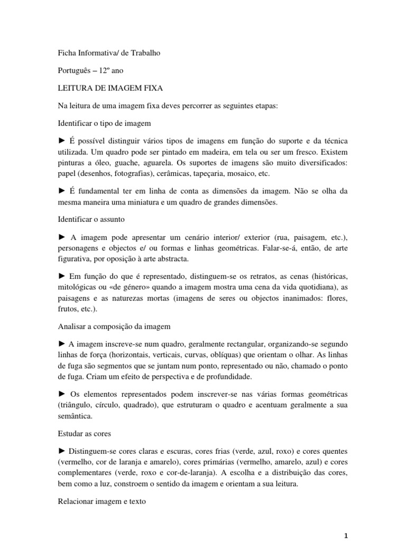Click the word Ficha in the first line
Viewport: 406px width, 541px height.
click(67, 53)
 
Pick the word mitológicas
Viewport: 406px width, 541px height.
click(80, 287)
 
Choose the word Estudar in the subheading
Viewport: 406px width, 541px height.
click(70, 433)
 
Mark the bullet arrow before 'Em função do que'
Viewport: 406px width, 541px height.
click(61, 277)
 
